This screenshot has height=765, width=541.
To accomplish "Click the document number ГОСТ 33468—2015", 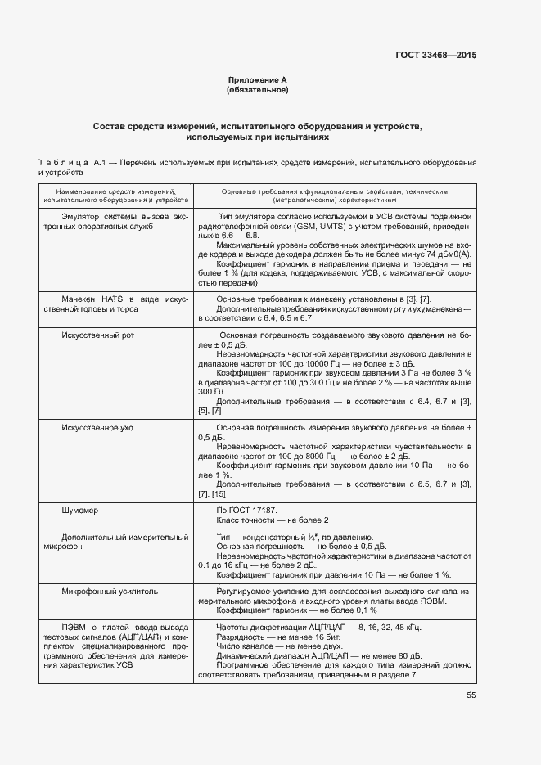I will [435, 55].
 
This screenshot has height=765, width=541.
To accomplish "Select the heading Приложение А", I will [257, 80].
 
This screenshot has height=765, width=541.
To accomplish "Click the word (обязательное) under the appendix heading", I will [257, 90].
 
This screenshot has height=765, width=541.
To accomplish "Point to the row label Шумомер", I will [80, 510].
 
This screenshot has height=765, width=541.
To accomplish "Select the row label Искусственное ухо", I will [98, 428].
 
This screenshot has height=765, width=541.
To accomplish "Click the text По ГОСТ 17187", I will [246, 510].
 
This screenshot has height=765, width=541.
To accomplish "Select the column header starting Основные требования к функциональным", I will [334, 194].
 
